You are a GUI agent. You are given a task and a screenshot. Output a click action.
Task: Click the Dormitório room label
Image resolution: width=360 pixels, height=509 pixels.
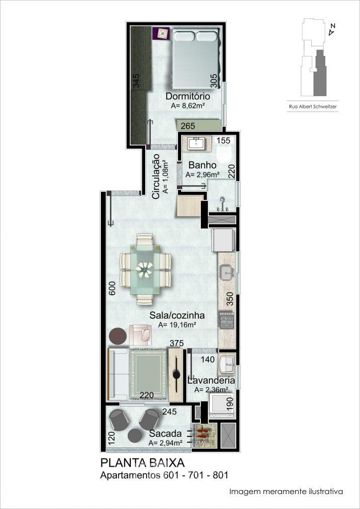[x=187, y=96]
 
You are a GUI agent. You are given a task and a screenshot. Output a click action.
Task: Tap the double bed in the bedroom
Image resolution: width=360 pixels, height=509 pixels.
[x=195, y=59]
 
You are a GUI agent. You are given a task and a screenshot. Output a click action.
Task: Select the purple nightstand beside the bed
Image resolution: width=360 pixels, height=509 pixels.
[x=161, y=33]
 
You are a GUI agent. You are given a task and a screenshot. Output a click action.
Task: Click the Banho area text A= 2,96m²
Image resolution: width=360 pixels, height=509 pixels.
[x=201, y=174]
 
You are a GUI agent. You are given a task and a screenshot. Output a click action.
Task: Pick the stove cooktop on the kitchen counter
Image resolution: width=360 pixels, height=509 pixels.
[x=227, y=320]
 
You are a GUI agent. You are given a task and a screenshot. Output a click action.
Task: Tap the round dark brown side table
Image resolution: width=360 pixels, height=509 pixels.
[x=118, y=336]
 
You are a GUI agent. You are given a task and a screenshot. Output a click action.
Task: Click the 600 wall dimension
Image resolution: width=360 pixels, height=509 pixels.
[x=112, y=288]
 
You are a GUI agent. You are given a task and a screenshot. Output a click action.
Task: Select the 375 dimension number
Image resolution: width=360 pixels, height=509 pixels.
[x=177, y=343]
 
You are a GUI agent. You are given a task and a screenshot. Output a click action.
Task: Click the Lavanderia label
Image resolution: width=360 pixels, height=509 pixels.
[x=211, y=380]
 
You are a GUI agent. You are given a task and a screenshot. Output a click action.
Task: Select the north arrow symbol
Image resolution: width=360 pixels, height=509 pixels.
[x=332, y=30]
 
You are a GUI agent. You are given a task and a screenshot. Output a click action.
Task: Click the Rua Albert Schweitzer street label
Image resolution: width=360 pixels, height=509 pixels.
[x=312, y=106]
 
